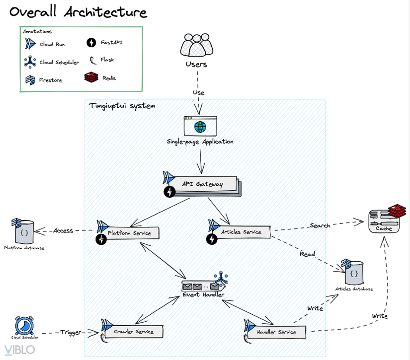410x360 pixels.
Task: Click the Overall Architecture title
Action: [x=79, y=12]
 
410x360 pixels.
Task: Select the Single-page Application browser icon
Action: [x=200, y=126]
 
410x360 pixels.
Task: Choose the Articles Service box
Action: [x=241, y=232]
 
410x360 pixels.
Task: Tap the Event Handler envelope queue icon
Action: [x=201, y=286]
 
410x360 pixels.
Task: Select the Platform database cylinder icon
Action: [x=23, y=230]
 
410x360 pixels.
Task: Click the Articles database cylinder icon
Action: [x=353, y=272]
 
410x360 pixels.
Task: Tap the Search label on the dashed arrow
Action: [x=320, y=225]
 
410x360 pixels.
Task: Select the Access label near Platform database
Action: [x=63, y=230]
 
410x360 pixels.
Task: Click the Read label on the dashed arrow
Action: [x=307, y=254]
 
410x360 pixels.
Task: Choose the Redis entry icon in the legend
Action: [x=91, y=77]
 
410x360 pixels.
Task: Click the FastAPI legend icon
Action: [x=91, y=43]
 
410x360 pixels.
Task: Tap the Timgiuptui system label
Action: [x=122, y=106]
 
